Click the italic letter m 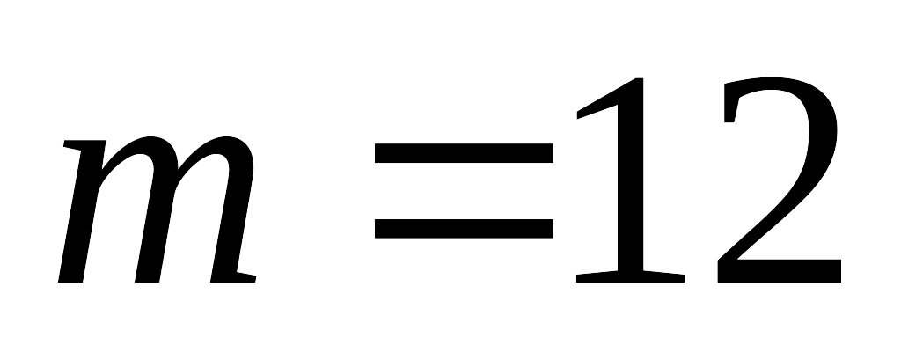point(157,209)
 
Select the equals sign point(464,190)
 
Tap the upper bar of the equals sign point(464,153)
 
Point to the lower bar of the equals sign point(464,228)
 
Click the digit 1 point(630,180)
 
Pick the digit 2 point(780,180)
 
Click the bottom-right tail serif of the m point(246,277)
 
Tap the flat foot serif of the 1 point(630,276)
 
